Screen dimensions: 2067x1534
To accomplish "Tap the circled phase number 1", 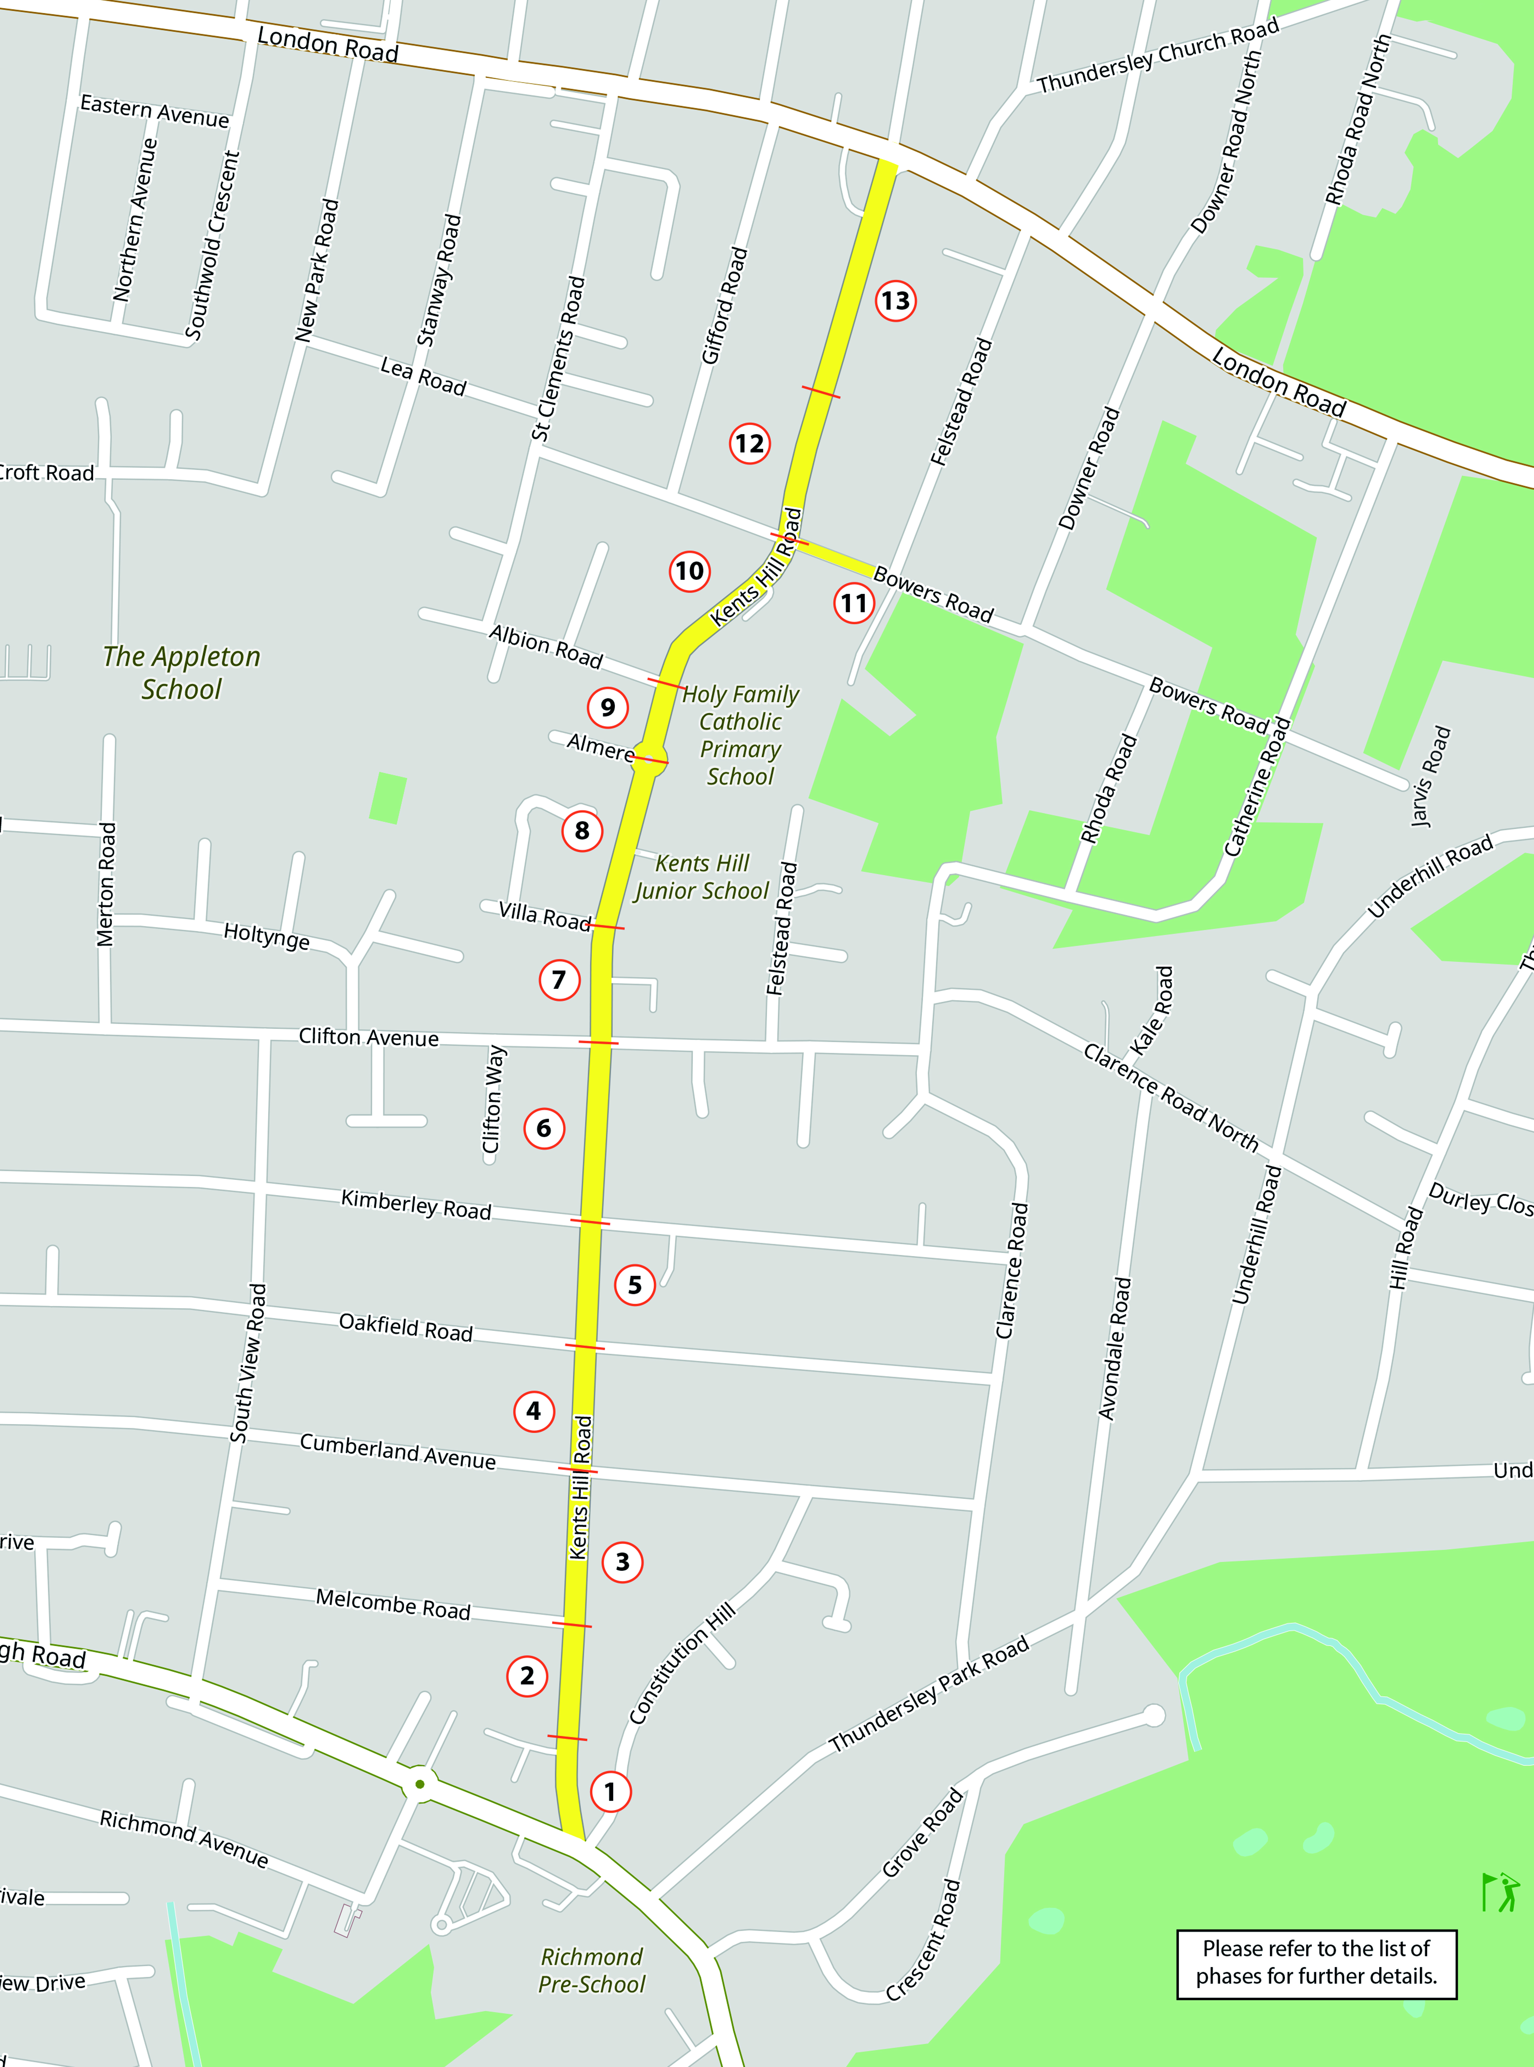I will pyautogui.click(x=610, y=1791).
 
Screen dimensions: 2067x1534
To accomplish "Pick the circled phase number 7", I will pyautogui.click(x=559, y=979).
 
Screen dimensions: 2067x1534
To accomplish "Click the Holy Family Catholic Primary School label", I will pyautogui.click(x=740, y=735).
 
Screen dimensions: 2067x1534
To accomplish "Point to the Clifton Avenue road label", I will pyautogui.click(x=369, y=1037).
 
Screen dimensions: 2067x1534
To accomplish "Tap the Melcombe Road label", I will pyautogui.click(x=393, y=1603).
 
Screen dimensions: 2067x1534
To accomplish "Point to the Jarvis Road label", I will pyautogui.click(x=1430, y=776).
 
